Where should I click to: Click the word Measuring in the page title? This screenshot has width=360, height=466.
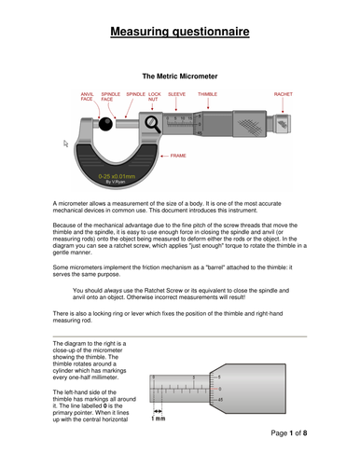tap(147, 33)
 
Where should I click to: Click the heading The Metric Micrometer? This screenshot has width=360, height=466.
tap(179, 73)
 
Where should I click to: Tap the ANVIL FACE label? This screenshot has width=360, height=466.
tap(88, 96)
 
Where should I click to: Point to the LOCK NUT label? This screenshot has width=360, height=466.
tap(155, 96)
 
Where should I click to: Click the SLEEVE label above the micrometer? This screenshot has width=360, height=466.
tap(176, 94)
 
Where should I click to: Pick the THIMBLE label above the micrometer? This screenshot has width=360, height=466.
tap(208, 94)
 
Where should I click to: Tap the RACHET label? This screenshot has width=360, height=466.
tap(283, 94)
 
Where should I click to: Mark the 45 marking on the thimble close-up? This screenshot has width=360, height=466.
tap(219, 399)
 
